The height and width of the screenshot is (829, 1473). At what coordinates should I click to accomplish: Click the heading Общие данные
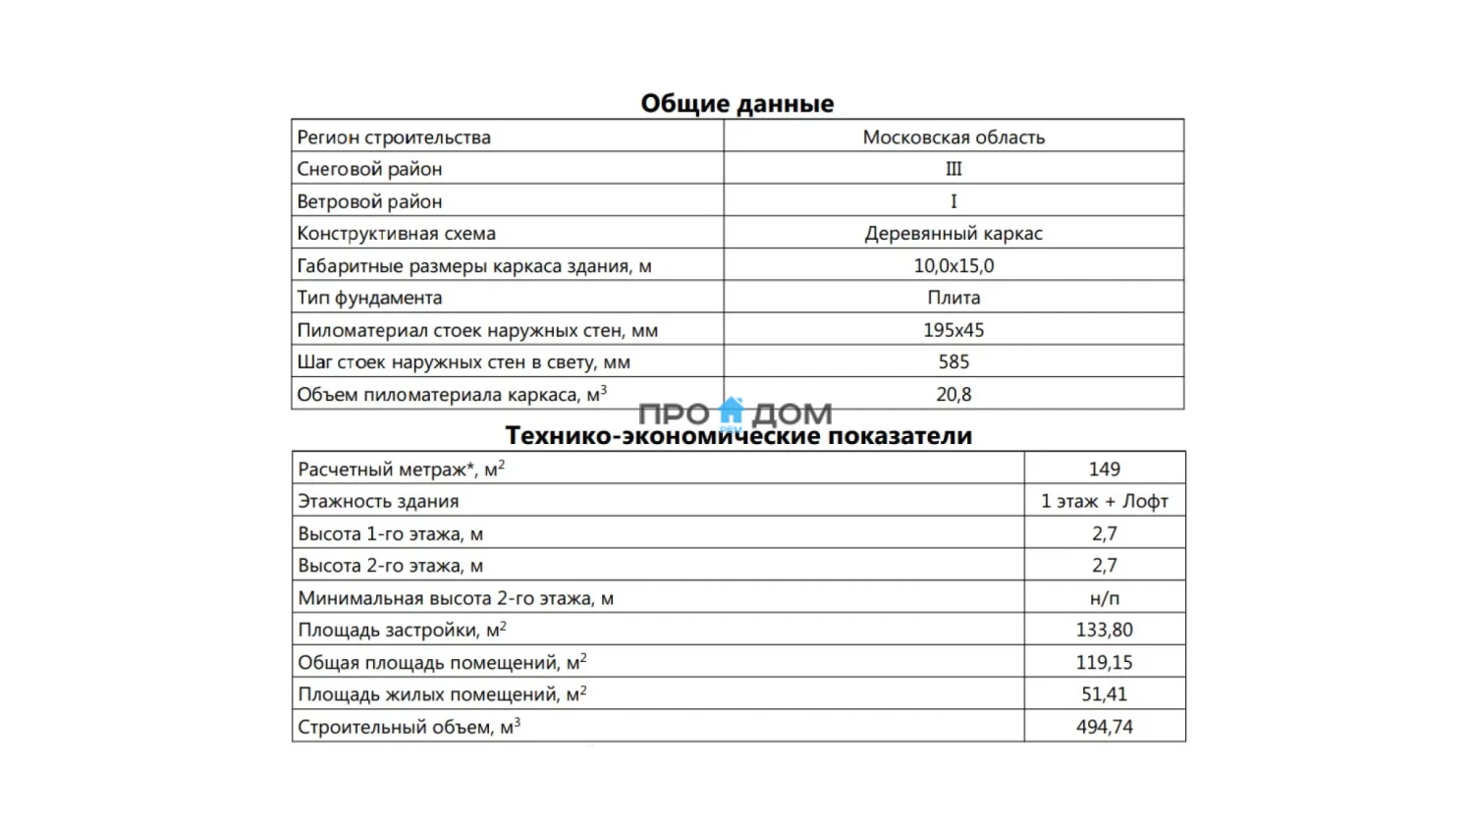736,103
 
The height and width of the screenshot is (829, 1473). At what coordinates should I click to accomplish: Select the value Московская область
954,138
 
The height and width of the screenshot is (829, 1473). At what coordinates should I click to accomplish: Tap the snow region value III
954,169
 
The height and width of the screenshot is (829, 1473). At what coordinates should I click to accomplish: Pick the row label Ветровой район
369,201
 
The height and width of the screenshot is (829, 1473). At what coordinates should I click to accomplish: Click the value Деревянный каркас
954,234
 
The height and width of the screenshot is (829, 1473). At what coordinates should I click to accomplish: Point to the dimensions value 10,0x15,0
954,266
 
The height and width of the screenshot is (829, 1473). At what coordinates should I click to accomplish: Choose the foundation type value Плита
954,298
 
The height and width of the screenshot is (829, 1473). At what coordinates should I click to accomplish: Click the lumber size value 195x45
954,330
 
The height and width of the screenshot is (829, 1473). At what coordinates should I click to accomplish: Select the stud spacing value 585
954,362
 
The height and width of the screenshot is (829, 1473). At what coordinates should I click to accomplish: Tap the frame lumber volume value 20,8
954,395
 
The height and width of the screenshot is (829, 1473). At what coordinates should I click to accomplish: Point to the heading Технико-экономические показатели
738,436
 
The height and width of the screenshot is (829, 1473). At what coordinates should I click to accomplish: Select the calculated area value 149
1104,470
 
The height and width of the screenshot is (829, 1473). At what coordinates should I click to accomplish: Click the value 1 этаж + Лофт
1104,502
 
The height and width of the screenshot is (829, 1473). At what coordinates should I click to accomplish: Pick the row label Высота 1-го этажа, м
391,534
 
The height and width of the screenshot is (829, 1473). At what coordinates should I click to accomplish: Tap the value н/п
1104,598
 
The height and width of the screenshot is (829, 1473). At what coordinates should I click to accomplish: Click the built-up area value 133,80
1104,631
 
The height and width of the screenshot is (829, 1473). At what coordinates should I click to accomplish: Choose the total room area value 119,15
1104,663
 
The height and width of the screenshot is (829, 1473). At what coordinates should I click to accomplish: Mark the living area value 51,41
1104,694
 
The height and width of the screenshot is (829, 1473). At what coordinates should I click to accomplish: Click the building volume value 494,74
1104,727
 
